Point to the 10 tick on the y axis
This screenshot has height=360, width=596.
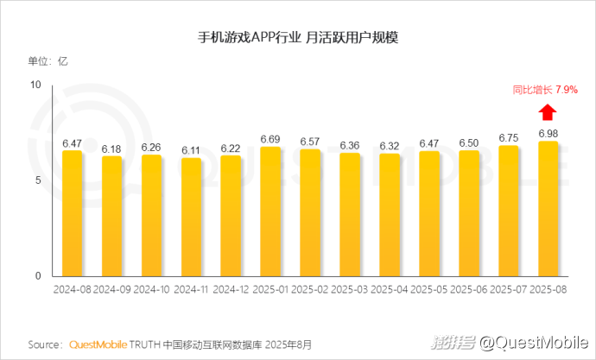[35, 85]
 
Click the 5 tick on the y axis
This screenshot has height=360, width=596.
[39, 180]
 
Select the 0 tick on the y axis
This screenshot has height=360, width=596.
[39, 276]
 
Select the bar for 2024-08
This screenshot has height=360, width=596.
[72, 214]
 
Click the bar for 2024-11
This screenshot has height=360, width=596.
[191, 218]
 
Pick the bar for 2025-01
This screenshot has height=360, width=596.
[270, 212]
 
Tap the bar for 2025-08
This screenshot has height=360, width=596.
[548, 209]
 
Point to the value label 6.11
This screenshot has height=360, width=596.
[191, 150]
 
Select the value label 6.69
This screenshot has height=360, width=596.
[270, 139]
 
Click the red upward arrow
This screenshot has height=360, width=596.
[547, 112]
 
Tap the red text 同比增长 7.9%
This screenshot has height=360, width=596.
[544, 90]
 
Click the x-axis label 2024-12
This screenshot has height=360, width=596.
[231, 288]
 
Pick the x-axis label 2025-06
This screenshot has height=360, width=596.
[468, 288]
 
